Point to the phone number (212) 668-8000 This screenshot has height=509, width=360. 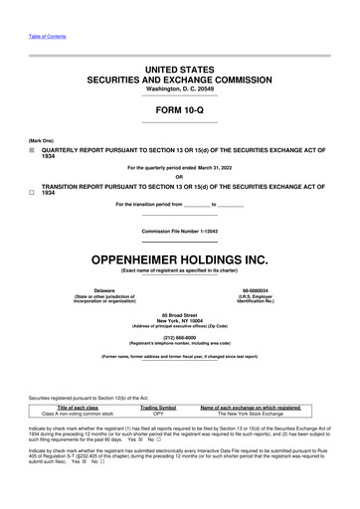tap(179, 336)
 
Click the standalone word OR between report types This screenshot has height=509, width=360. tap(179, 177)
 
